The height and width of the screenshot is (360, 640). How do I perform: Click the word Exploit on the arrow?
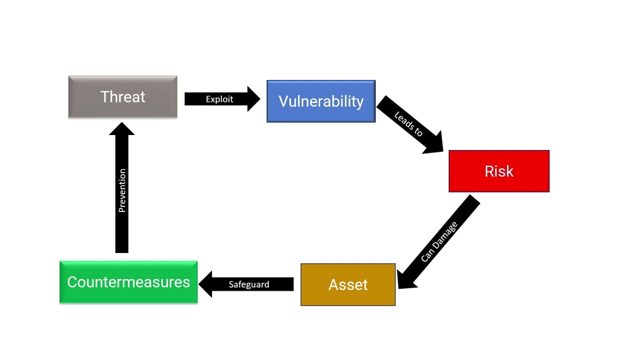pyautogui.click(x=219, y=99)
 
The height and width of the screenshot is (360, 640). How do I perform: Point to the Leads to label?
pyautogui.click(x=408, y=124)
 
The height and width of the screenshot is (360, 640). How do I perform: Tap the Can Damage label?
pyautogui.click(x=439, y=242)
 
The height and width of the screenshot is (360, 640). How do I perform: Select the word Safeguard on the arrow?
pyautogui.click(x=249, y=284)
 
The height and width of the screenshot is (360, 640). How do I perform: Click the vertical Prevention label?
pyautogui.click(x=122, y=190)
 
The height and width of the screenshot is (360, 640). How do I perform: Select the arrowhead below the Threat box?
pyautogui.click(x=122, y=128)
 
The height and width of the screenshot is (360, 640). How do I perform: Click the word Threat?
pyautogui.click(x=122, y=96)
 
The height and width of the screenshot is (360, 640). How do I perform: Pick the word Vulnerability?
pyautogui.click(x=321, y=101)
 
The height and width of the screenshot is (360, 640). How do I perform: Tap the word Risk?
pyautogui.click(x=499, y=171)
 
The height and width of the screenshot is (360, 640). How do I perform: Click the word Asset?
pyautogui.click(x=348, y=284)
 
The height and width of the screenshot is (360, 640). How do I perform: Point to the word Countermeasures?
pyautogui.click(x=128, y=282)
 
